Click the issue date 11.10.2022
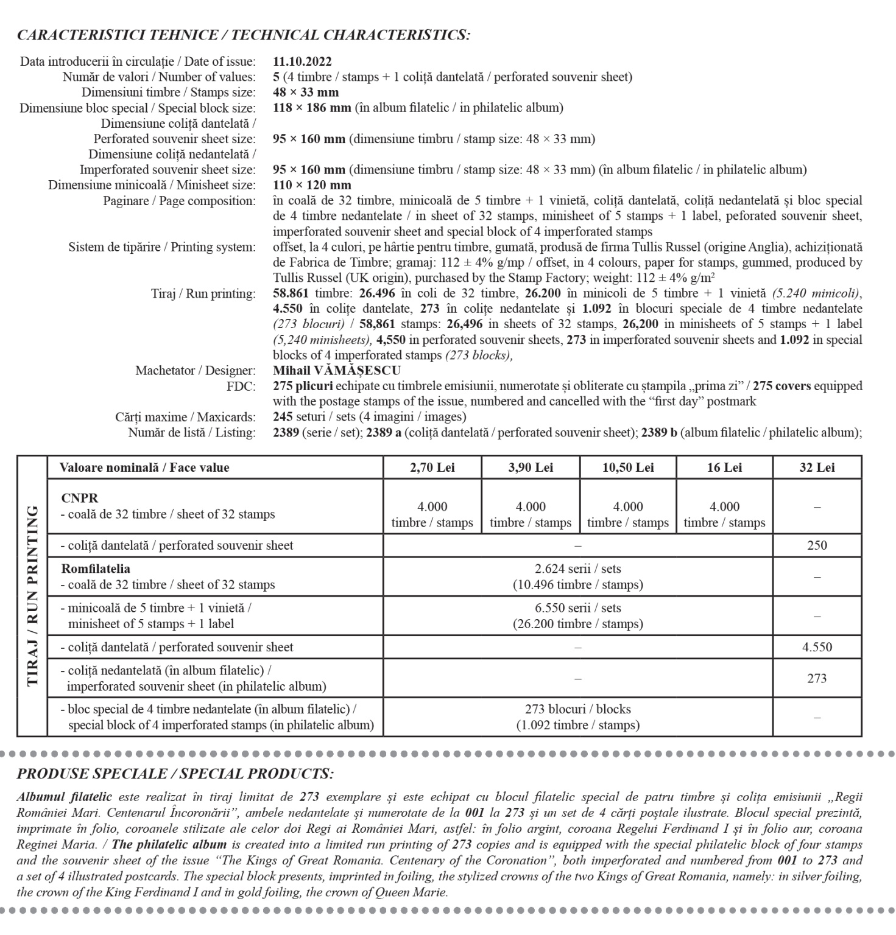(x=302, y=61)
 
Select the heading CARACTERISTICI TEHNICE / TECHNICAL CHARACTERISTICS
(x=244, y=35)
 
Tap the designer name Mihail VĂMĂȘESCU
(x=336, y=371)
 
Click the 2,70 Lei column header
(x=432, y=467)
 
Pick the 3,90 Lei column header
(x=531, y=467)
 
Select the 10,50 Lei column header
(x=627, y=467)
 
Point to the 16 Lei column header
(x=724, y=467)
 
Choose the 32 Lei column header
(x=817, y=467)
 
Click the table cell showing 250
(x=817, y=545)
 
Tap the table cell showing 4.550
(x=817, y=647)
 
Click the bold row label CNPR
(x=79, y=498)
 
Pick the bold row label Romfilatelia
(x=96, y=569)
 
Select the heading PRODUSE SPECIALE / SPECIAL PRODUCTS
(x=175, y=774)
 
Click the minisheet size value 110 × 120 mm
(x=312, y=185)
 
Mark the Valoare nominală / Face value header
(x=144, y=467)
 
